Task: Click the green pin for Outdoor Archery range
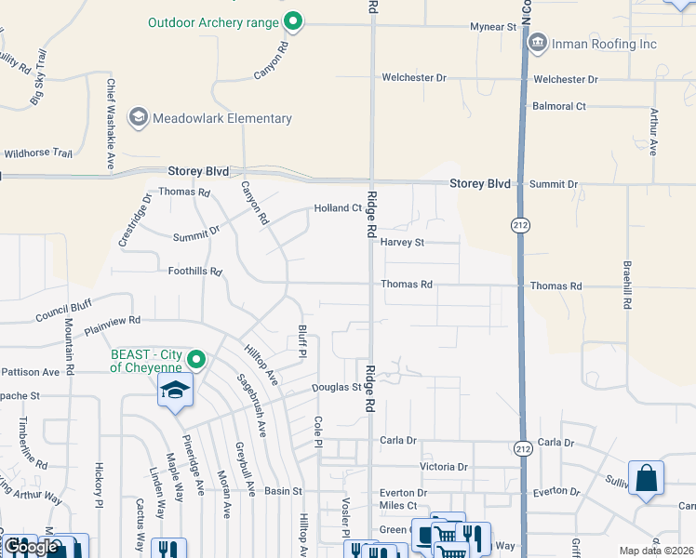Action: click(x=294, y=20)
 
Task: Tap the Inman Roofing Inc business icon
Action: click(x=537, y=43)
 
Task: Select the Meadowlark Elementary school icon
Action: click(x=139, y=117)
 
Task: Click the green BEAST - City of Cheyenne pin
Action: click(x=196, y=359)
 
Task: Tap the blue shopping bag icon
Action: click(x=646, y=479)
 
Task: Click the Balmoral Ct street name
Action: click(x=558, y=106)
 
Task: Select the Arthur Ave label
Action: click(x=654, y=132)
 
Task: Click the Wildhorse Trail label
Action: click(x=37, y=153)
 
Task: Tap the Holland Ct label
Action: click(x=337, y=208)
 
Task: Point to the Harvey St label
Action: click(x=402, y=243)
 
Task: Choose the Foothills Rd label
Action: click(x=194, y=272)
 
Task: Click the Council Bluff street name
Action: click(x=63, y=311)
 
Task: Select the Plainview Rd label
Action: click(x=112, y=321)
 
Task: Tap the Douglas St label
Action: click(x=336, y=387)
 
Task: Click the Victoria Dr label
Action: click(x=443, y=467)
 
